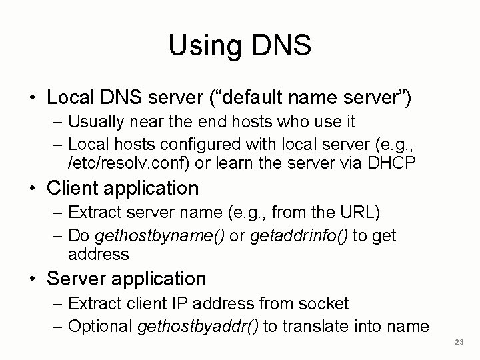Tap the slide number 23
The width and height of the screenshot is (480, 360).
pyautogui.click(x=458, y=342)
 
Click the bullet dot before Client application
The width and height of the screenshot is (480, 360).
pyautogui.click(x=33, y=189)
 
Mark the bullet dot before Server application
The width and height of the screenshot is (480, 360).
pyautogui.click(x=33, y=279)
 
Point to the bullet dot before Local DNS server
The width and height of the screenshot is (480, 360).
pyautogui.click(x=33, y=98)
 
